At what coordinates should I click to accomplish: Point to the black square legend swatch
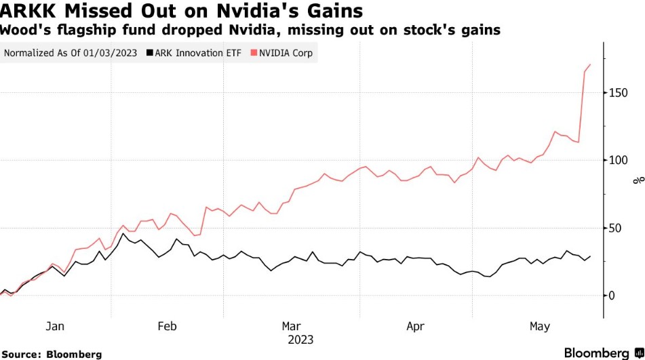[x=149, y=53]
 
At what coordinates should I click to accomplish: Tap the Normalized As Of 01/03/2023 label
[x=71, y=53]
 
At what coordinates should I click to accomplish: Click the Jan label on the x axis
[x=55, y=327]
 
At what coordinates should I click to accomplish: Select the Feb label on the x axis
[x=167, y=327]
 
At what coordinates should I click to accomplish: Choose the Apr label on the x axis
[x=415, y=327]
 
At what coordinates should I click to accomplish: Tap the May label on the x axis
[x=539, y=327]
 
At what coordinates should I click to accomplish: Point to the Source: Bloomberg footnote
[x=52, y=354]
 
